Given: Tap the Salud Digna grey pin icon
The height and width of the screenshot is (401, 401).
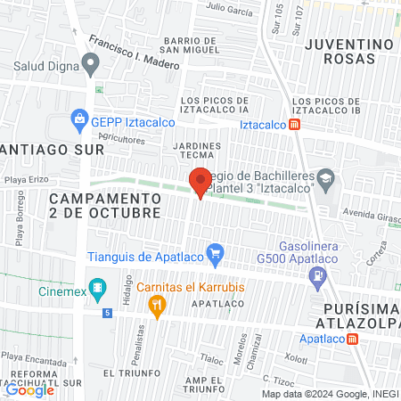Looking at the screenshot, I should [x=90, y=62].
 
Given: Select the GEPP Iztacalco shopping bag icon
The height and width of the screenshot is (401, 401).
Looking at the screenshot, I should [x=79, y=119].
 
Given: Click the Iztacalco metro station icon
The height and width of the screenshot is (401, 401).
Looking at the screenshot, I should [x=295, y=126].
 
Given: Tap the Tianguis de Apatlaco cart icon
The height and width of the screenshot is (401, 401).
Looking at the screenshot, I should [x=214, y=254].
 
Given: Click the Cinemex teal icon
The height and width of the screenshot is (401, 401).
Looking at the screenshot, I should [x=99, y=290].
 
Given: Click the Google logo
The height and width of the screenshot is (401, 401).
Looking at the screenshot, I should [x=30, y=389].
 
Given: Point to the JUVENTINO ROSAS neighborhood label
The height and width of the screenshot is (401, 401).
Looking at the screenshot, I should [x=349, y=51].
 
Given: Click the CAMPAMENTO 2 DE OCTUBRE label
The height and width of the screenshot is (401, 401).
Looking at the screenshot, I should [x=105, y=205].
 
